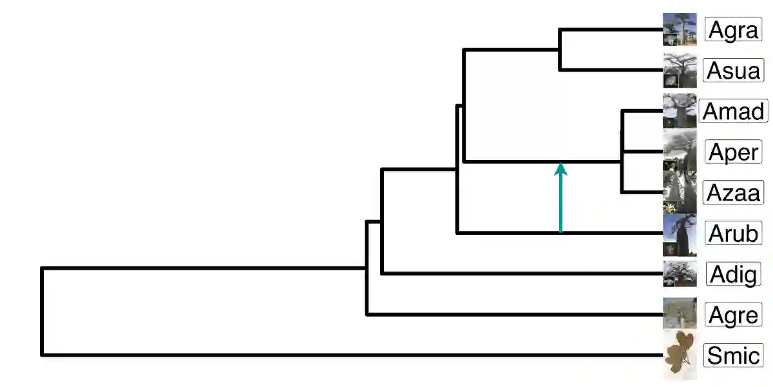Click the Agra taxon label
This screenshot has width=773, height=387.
(734, 30)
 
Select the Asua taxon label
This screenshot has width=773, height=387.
(734, 70)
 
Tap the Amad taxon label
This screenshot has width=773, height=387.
(734, 111)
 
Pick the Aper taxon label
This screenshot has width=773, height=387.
(734, 152)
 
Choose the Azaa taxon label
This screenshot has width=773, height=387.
(734, 192)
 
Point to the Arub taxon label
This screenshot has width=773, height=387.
(734, 233)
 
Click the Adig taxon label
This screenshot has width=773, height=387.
(734, 274)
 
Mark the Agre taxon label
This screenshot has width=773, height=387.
(734, 315)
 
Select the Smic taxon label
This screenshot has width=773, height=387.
(734, 355)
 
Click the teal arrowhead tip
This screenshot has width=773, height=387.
(560, 164)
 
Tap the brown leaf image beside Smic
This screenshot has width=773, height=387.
(680, 354)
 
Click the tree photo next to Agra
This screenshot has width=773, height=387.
(680, 29)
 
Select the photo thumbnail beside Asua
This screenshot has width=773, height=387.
(680, 70)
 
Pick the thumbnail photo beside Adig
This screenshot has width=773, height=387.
(680, 274)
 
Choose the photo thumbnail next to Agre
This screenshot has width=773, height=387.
(680, 314)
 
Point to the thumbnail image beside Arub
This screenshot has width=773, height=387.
(680, 233)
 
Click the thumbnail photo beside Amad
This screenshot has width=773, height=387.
(680, 111)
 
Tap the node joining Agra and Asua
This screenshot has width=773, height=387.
(560, 50)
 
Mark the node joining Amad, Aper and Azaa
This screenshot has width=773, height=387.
(622, 152)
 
